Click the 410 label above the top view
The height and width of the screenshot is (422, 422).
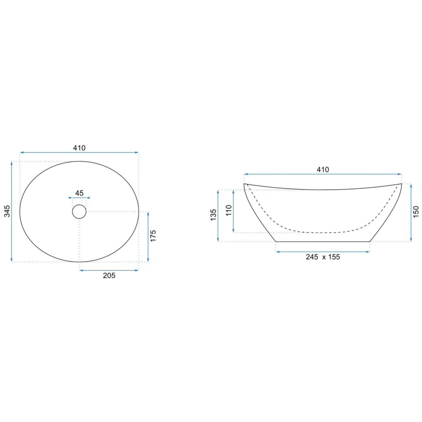pos(79,148)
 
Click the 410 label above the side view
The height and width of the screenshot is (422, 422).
pos(323,170)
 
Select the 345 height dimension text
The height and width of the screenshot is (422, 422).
pos(6,211)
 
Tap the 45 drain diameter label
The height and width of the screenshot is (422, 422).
pos(79,193)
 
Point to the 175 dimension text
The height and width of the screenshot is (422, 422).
pos(154,237)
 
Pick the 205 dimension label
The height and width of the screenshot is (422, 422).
pos(109,276)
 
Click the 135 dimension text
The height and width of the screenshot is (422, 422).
pos(213,215)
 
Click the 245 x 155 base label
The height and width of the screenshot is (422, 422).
pos(323,257)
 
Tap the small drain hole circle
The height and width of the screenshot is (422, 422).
pos(79,211)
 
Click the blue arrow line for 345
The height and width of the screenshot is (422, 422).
pos(12,211)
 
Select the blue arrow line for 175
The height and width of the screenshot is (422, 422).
pos(148,237)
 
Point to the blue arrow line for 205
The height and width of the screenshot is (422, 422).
pos(109,270)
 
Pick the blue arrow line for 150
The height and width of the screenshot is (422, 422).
pos(411,212)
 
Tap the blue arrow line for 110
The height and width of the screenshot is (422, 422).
pos(235,211)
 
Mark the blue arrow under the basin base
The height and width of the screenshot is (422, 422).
pos(323,251)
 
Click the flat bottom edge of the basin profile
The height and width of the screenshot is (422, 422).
pos(323,241)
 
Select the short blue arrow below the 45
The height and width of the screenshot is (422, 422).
pos(79,198)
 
